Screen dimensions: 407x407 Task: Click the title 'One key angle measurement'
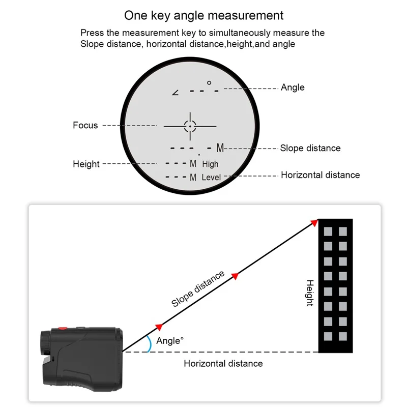click(204, 15)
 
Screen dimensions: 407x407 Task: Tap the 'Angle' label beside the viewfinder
click(293, 88)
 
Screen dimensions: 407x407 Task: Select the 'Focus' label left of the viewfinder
click(85, 125)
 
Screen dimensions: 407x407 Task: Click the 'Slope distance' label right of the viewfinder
click(310, 148)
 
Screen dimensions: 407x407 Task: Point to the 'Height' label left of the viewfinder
click(86, 164)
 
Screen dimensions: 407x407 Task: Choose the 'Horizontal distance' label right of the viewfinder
click(320, 175)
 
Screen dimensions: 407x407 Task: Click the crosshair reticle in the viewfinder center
click(190, 125)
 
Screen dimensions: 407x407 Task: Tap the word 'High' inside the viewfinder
click(210, 164)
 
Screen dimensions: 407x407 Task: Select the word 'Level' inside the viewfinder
click(211, 178)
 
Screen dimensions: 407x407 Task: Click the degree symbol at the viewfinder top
click(209, 83)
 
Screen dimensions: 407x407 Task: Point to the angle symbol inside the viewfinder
click(176, 92)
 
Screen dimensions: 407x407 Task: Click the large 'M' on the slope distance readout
click(220, 148)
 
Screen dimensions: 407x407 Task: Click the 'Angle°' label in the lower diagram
click(170, 341)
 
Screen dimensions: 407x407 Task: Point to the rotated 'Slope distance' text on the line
click(198, 289)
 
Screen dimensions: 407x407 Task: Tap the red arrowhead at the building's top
click(314, 222)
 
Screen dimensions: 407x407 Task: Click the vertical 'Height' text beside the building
click(309, 293)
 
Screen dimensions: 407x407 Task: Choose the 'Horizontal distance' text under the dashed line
click(223, 363)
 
